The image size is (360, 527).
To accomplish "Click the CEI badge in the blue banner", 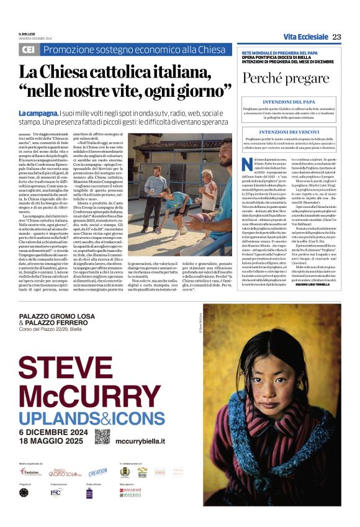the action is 28,49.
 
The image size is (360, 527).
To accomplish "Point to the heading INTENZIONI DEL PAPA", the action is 286,101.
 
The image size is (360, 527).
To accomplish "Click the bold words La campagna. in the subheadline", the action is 38,114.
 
